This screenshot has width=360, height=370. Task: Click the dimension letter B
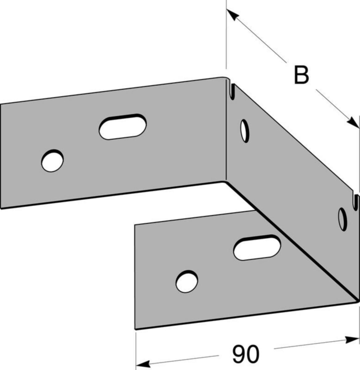301,75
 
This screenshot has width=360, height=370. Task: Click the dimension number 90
246,355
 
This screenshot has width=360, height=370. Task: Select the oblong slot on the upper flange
123,127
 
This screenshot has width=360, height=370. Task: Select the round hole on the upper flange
52,160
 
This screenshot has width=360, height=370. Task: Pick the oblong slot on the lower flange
257,247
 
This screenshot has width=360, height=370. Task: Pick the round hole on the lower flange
187,282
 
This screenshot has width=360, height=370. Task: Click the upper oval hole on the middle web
245,131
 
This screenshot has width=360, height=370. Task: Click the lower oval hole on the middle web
342,219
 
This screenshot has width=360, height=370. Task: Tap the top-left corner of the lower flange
135,225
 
